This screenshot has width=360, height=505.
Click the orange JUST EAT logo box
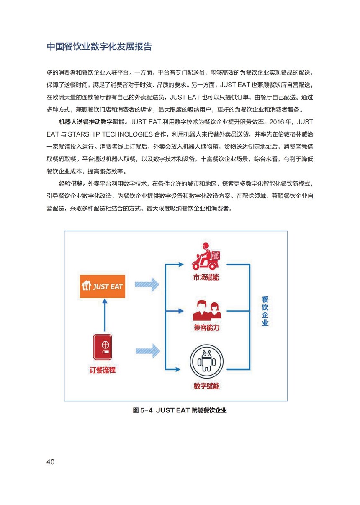(102, 286)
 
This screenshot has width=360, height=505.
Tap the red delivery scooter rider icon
(206, 256)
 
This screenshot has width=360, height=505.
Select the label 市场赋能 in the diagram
(206, 277)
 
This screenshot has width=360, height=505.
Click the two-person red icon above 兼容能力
(207, 311)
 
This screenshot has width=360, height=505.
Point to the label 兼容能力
(207, 327)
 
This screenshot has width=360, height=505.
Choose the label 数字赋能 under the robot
(206, 386)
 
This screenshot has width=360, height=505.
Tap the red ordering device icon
(103, 347)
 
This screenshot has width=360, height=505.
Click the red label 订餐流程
(103, 370)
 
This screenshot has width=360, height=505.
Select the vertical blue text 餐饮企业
(265, 311)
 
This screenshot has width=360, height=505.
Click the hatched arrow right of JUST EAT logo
(147, 284)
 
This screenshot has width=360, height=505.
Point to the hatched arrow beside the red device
(148, 351)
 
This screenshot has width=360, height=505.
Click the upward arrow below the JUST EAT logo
(105, 315)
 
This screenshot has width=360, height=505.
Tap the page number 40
(50, 462)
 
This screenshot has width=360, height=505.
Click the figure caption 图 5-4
(143, 410)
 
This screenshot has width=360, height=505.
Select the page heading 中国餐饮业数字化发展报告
(99, 46)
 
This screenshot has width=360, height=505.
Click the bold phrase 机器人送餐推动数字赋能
(92, 122)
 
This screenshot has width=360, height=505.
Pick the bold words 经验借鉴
(71, 184)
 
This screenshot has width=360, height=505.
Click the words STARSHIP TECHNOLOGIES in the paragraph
(110, 134)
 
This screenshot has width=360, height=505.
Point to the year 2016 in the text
(276, 122)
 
